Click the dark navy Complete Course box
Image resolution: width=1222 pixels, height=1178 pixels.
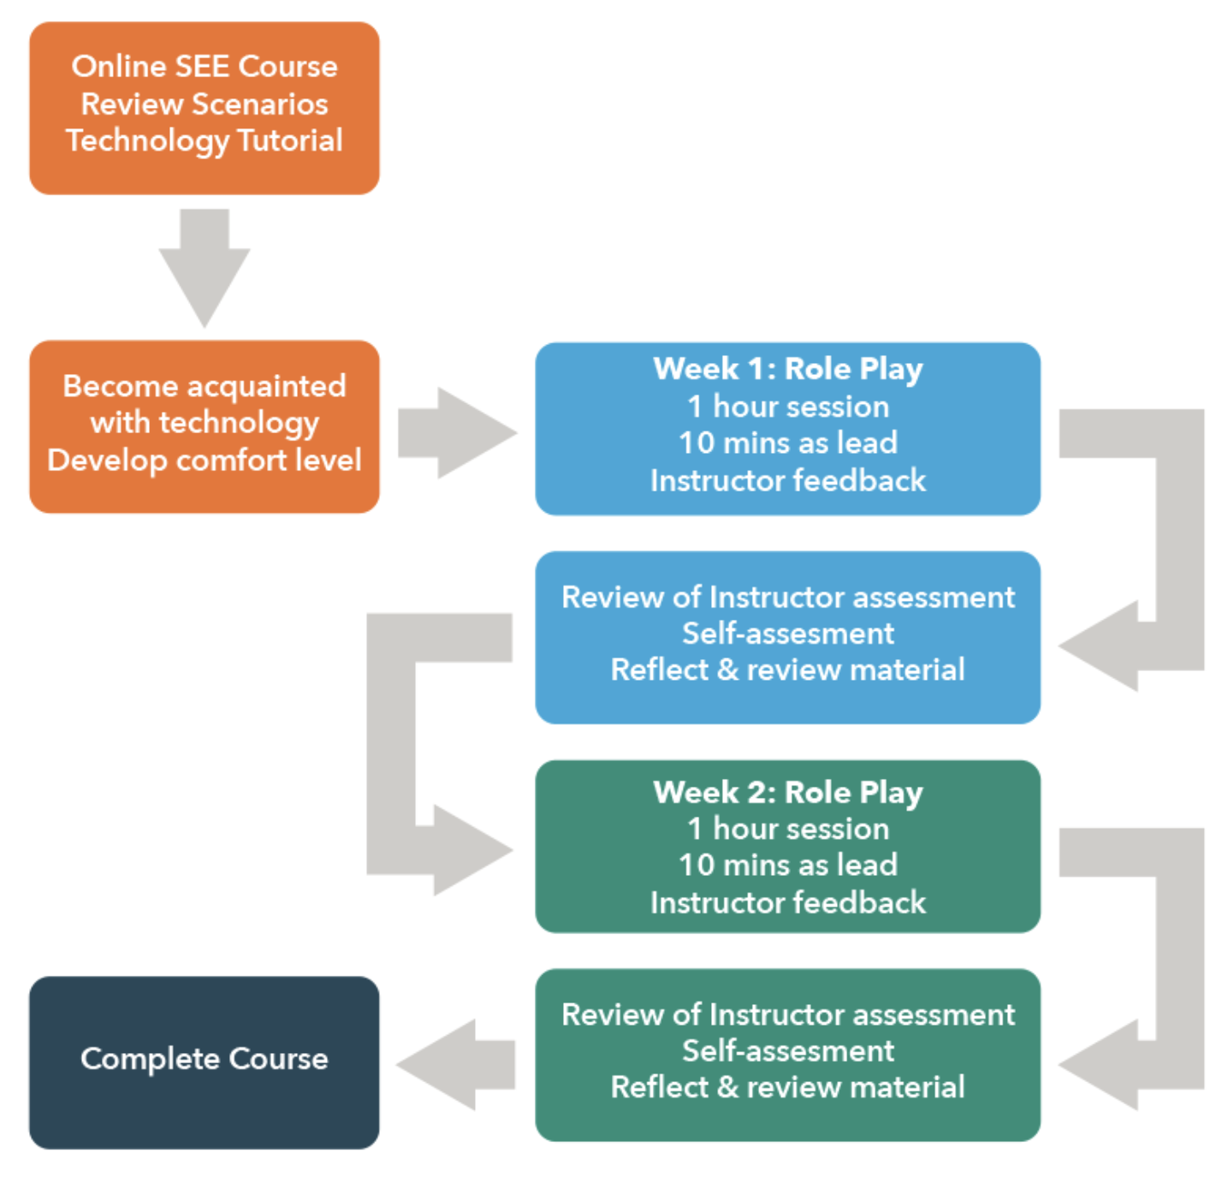tap(204, 1062)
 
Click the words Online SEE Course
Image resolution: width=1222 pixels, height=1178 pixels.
tap(204, 66)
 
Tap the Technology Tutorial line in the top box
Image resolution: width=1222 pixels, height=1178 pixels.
tap(204, 140)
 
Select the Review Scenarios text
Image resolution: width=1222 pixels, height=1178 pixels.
tap(204, 104)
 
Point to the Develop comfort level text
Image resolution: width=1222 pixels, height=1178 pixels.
tap(204, 461)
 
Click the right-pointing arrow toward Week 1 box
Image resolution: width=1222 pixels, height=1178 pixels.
tap(458, 432)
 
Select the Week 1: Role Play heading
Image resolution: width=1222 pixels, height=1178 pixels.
tap(787, 369)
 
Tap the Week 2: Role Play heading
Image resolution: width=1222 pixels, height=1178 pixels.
tap(787, 792)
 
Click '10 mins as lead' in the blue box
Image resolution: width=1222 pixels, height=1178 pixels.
tap(787, 443)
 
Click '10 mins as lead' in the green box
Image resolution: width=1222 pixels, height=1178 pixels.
tap(787, 865)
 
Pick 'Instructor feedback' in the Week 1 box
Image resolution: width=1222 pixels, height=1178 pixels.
tap(787, 480)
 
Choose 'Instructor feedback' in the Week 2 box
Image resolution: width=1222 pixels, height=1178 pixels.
tap(787, 902)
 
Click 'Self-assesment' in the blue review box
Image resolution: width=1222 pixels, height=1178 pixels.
tap(787, 634)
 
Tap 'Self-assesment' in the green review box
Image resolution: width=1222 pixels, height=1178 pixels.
tap(787, 1050)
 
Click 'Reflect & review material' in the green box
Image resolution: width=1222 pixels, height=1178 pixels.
tap(787, 1087)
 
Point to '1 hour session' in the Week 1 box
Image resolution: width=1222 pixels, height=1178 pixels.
tap(787, 407)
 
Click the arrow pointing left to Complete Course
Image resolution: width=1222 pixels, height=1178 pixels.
tap(454, 1064)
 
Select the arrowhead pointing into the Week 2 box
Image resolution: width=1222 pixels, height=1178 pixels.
tap(471, 850)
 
